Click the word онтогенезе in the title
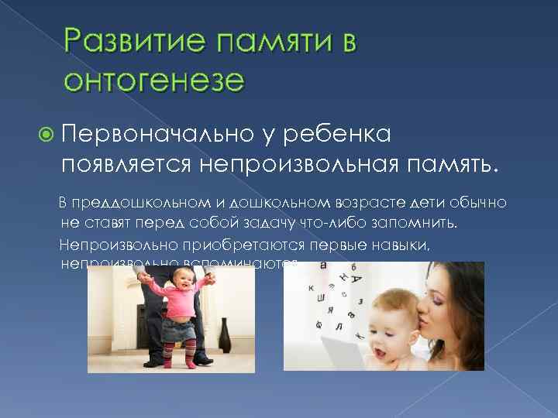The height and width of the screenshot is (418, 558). pos(154,79)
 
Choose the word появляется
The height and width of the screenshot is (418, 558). pos(126,165)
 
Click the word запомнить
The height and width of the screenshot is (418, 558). pos(416,224)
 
